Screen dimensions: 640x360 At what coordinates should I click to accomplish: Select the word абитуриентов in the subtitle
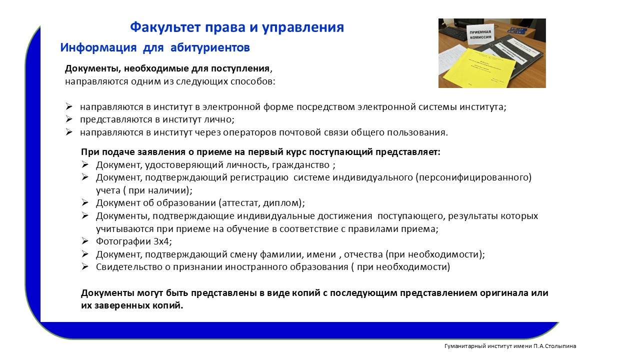pos(210,47)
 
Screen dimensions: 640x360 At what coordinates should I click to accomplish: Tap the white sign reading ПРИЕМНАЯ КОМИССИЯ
pos(480,34)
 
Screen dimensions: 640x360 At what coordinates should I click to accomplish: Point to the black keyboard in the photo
pos(455,35)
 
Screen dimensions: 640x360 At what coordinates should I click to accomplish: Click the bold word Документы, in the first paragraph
pos(93,68)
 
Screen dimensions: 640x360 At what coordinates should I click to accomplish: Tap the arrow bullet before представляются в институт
pos(69,119)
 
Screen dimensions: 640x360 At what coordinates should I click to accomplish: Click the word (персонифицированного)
pos(473,177)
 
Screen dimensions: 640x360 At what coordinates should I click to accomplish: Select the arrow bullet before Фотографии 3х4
pos(85,241)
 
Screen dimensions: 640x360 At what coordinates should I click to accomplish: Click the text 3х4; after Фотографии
pos(163,241)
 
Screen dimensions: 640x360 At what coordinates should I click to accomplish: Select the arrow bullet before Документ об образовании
pos(85,202)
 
